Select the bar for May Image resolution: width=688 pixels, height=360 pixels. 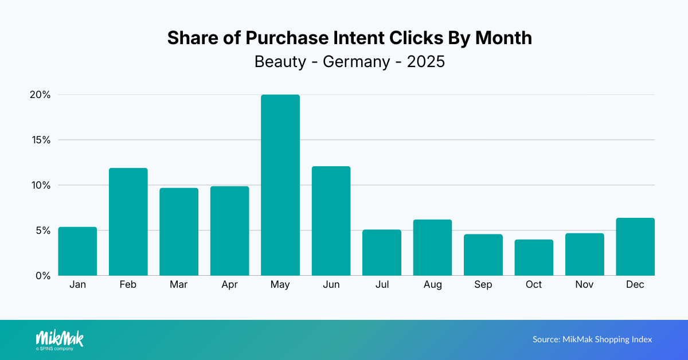tap(280, 185)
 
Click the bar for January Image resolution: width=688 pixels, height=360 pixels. tap(77, 252)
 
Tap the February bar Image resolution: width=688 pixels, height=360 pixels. tap(128, 222)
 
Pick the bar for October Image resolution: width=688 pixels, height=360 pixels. tap(534, 258)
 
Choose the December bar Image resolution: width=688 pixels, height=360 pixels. tap(635, 247)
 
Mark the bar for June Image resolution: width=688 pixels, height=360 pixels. tap(331, 221)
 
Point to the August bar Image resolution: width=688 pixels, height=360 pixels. tap(432, 248)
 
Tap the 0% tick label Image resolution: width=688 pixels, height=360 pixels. tap(42, 276)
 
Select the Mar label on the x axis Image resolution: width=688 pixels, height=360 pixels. tap(179, 285)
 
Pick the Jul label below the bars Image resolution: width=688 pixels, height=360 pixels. tap(382, 285)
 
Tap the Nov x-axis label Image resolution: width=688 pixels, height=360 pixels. tap(584, 285)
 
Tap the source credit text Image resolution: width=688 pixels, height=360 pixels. tap(592, 339)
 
